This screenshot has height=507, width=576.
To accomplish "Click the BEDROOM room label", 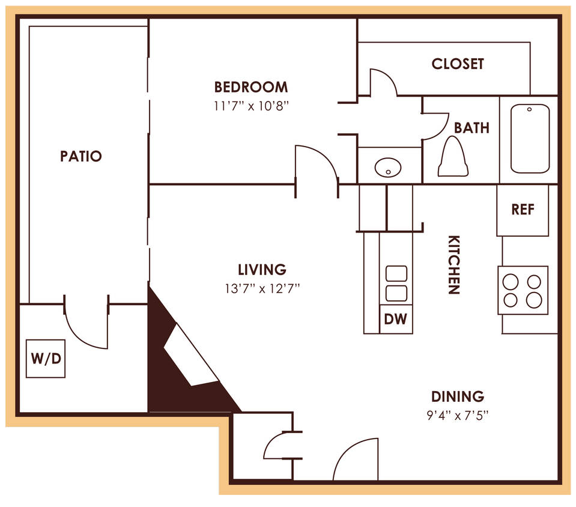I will pos(251,87).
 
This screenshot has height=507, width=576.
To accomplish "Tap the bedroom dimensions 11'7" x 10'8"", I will pos(251,106).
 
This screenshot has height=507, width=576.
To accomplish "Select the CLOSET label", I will pos(458,64).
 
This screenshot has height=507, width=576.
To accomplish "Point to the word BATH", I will pos(471,128).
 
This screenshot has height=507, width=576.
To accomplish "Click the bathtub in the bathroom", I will pos(530,139).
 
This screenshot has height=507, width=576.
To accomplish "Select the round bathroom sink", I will pos(389,167).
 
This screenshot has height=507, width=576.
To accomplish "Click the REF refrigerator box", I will pos(523,210).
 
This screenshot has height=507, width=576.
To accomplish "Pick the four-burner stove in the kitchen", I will pos(523,290).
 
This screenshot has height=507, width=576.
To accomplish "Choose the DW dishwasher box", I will pos(396,320).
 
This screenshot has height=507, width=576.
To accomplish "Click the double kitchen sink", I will pos(396,284).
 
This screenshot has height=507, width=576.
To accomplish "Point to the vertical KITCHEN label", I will pos(453,264).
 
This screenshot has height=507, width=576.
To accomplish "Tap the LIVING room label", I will pos(262,270).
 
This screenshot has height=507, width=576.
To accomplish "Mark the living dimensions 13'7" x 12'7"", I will pos(262,289).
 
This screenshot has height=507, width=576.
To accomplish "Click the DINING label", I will pos(458,396).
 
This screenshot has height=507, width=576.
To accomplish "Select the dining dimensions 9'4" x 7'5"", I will pos(458,415).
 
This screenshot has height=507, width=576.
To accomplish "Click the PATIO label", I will pos(81,156).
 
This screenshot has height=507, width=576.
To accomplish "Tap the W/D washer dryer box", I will pos(46,359).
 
